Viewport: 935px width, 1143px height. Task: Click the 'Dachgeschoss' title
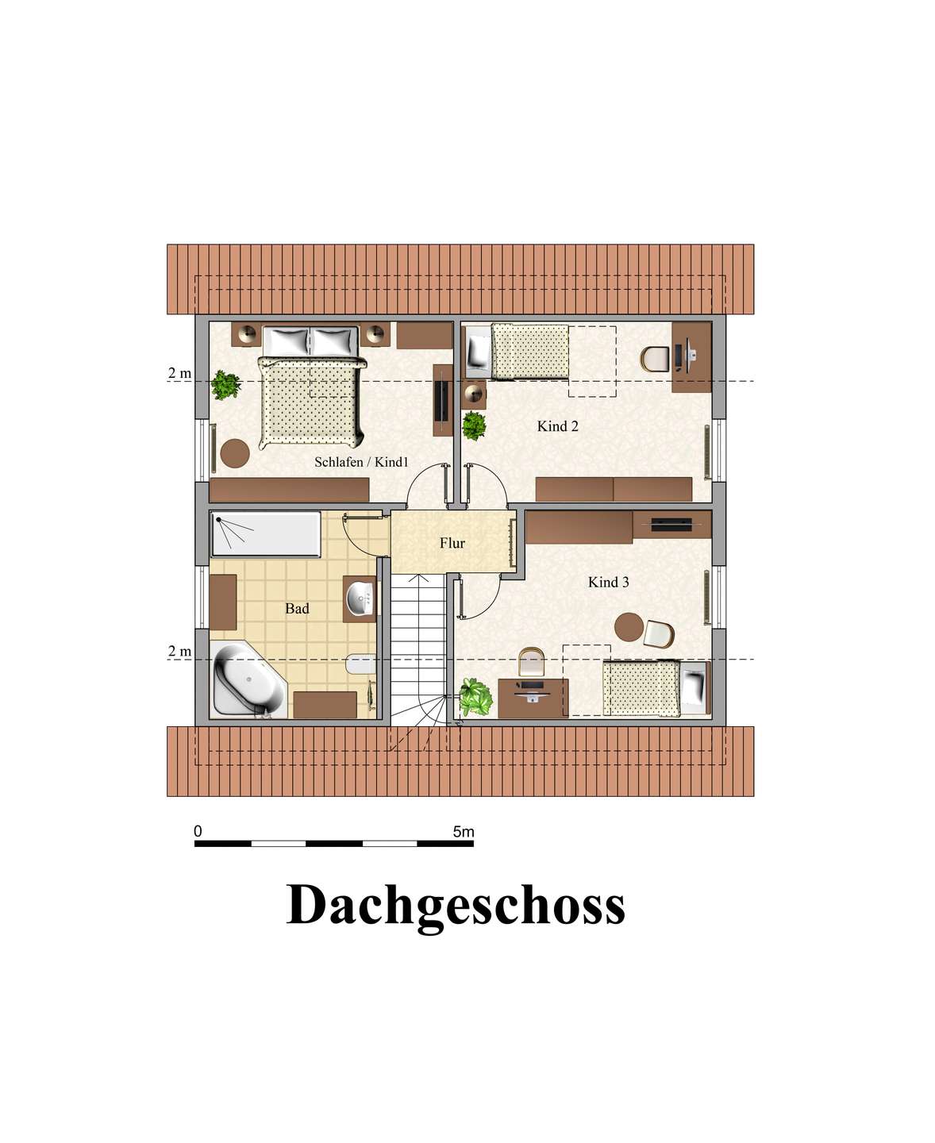[456, 906]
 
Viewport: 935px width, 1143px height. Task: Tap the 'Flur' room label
[452, 543]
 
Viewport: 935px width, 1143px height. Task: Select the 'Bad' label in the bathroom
[297, 609]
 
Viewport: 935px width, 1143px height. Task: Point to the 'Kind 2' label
[557, 426]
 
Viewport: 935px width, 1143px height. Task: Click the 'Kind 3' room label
[608, 582]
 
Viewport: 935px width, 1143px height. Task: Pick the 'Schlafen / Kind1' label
[361, 462]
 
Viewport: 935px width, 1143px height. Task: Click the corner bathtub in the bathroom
[249, 680]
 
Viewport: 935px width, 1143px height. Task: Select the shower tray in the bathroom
[266, 534]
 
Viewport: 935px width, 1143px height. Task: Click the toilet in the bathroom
[360, 664]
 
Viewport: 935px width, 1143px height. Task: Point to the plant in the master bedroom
[225, 384]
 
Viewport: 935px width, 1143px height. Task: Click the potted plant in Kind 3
[475, 697]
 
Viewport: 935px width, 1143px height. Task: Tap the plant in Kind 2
[475, 425]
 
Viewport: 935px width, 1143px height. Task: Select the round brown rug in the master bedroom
[235, 453]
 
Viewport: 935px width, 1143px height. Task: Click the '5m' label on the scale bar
[464, 831]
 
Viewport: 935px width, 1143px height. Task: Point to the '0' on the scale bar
[198, 831]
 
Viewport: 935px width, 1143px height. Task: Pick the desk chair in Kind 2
[656, 359]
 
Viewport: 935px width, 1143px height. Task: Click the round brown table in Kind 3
[629, 627]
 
